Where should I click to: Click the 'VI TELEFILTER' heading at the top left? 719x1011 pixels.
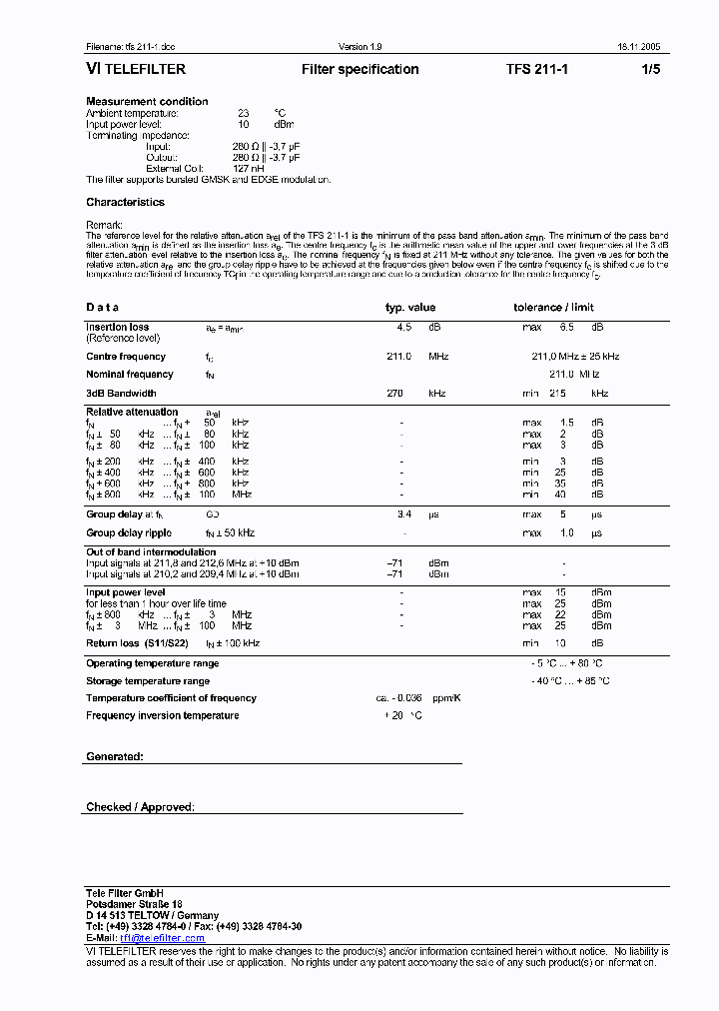coord(135,70)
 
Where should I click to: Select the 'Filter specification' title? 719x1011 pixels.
coord(359,70)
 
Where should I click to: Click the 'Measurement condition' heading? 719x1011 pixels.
coord(147,102)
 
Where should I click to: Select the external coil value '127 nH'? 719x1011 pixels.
coord(249,169)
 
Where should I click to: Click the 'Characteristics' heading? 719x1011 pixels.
coord(125,202)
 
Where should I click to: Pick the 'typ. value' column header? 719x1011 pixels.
coord(410,308)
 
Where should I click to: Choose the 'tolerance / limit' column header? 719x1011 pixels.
coord(553,308)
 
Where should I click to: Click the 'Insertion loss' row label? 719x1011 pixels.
coord(117,327)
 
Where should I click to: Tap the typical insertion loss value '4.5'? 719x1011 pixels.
coord(403,327)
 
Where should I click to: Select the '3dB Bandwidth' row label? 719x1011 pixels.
coord(121,394)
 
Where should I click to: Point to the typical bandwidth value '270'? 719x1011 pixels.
coord(394,394)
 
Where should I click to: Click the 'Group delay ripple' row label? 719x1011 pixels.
coord(129,533)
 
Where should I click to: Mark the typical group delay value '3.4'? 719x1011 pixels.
coord(403,514)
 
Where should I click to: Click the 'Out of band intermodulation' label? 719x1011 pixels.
coord(151,552)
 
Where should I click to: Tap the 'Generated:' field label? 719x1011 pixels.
coord(115,757)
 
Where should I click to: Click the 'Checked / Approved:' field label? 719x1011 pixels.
coord(140,807)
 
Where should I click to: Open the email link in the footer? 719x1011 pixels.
coord(160,938)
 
